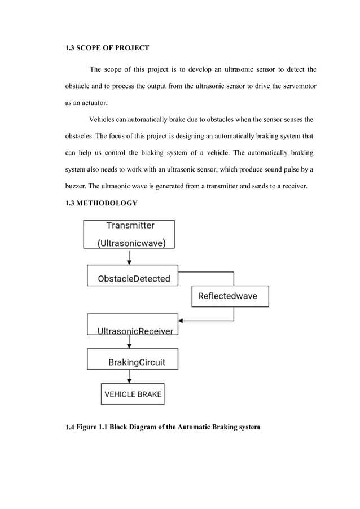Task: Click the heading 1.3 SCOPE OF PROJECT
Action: click(x=107, y=49)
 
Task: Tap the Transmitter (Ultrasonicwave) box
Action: click(x=129, y=234)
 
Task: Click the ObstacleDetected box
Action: click(x=133, y=276)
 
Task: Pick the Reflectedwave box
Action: click(x=230, y=296)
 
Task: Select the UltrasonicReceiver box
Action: click(x=133, y=324)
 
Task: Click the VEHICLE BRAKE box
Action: click(x=133, y=394)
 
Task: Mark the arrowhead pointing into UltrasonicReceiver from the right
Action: click(x=182, y=321)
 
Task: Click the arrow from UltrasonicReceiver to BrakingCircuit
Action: click(x=130, y=341)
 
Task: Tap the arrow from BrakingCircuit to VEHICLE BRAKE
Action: click(x=130, y=376)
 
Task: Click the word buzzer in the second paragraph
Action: click(x=76, y=185)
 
